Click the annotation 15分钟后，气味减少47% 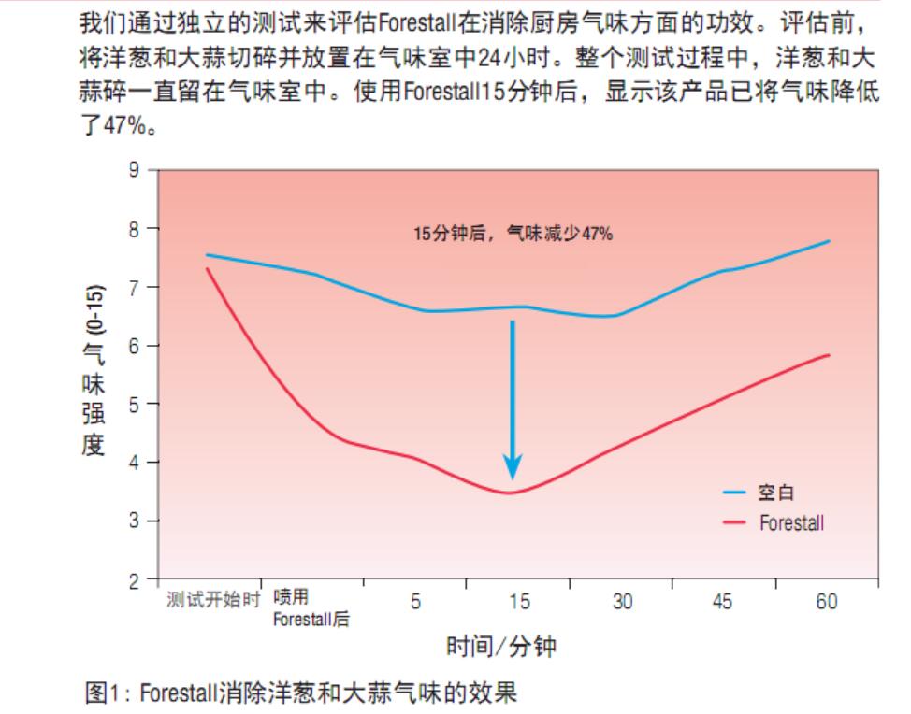[x=513, y=234]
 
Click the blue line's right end [x=830, y=241]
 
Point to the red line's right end [x=830, y=355]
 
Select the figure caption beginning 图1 [x=299, y=693]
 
